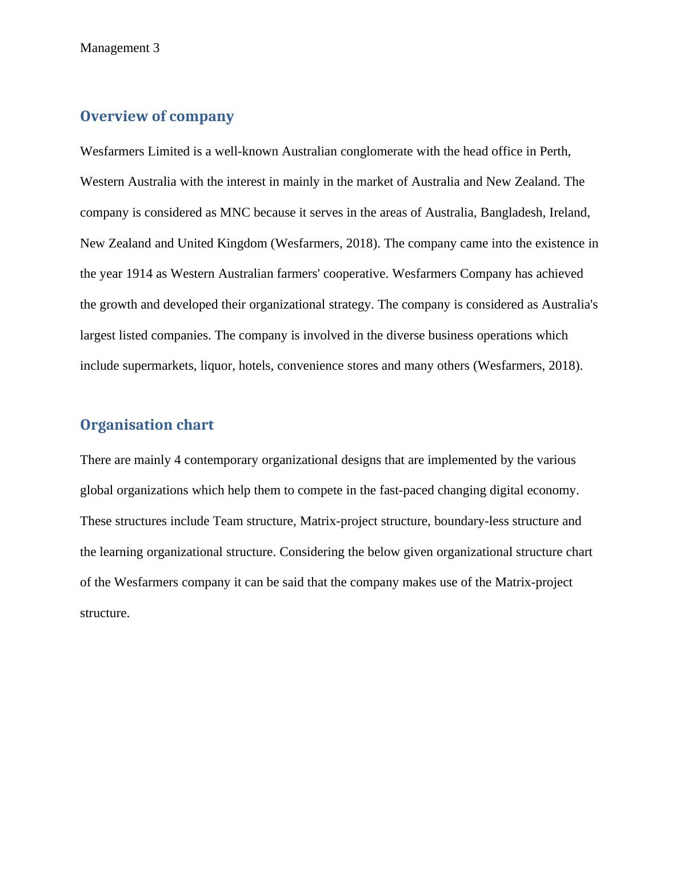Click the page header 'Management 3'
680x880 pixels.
(x=120, y=48)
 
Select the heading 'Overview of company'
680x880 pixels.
(x=157, y=116)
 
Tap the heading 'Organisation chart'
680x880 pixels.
(x=147, y=425)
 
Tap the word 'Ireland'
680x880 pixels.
(x=569, y=213)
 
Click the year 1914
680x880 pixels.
(x=139, y=274)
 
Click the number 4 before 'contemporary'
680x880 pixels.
(x=178, y=460)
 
